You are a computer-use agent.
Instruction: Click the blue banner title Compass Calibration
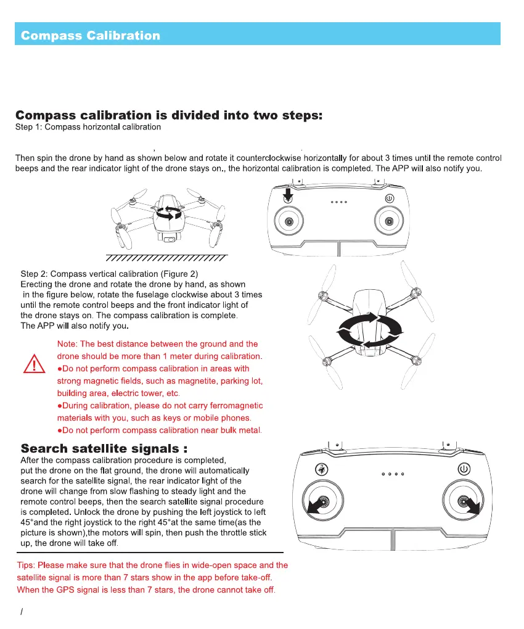[x=91, y=35]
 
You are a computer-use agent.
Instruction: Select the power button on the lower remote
[x=464, y=469]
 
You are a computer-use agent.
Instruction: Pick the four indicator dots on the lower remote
[x=393, y=474]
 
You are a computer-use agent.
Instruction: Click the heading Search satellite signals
[x=104, y=448]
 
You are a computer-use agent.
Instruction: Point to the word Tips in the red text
[x=27, y=565]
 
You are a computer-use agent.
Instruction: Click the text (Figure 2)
[x=181, y=273]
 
